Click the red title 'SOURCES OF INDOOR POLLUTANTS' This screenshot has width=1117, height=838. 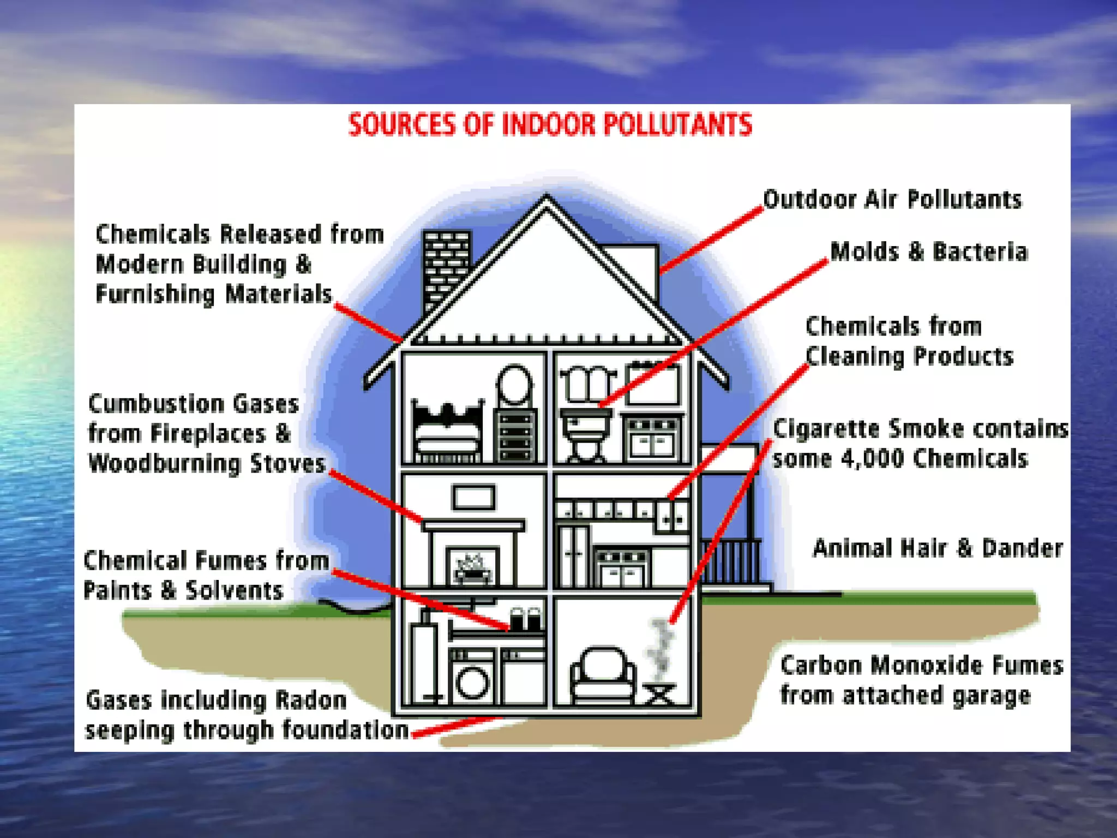click(550, 125)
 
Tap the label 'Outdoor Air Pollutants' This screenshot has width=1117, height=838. click(892, 200)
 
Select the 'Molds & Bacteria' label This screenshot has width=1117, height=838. click(928, 252)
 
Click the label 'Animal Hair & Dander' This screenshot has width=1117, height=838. click(938, 548)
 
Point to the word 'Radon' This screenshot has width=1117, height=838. click(310, 700)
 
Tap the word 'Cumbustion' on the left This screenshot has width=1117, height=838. click(156, 404)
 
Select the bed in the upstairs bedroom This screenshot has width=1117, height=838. click(447, 431)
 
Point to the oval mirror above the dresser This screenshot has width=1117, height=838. click(514, 385)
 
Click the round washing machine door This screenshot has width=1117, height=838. click(472, 683)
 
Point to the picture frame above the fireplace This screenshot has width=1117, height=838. click(473, 497)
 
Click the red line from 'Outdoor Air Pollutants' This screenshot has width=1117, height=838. click(712, 240)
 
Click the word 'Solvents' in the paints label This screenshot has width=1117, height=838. click(235, 591)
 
